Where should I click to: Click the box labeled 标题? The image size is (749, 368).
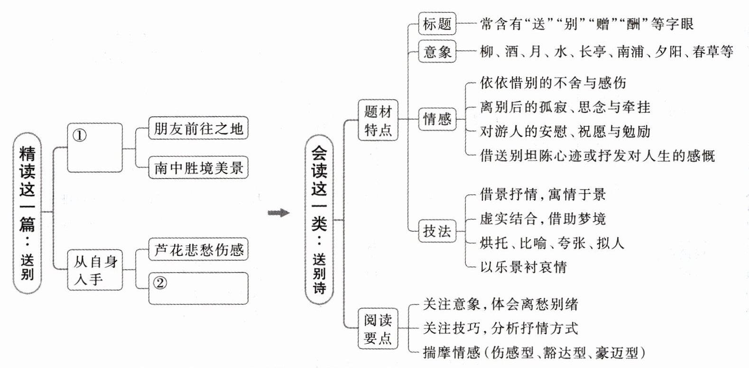tap(437, 24)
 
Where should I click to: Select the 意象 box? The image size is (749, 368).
tap(437, 51)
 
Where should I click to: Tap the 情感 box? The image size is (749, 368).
tap(437, 119)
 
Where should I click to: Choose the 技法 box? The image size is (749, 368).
tap(437, 231)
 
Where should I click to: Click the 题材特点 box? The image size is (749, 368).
tap(378, 121)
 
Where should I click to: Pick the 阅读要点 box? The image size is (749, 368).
tap(378, 329)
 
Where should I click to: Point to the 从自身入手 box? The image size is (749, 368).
tap(95, 270)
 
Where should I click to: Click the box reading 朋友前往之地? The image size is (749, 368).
tap(198, 128)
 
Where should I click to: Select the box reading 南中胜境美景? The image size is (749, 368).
tap(198, 168)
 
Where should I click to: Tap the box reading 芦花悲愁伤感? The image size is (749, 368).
tap(198, 250)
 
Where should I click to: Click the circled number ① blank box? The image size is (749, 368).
tap(95, 147)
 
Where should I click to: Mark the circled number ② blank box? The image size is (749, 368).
tap(198, 288)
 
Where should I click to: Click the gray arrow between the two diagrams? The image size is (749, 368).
tap(278, 213)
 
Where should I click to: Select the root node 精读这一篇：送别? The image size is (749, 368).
tap(27, 213)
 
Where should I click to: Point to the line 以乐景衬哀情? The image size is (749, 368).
tap(523, 267)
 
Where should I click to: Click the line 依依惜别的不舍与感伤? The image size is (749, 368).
tap(553, 83)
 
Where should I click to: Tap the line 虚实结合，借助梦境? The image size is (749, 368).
tap(542, 219)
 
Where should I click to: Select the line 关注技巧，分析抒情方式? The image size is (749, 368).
tap(500, 328)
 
